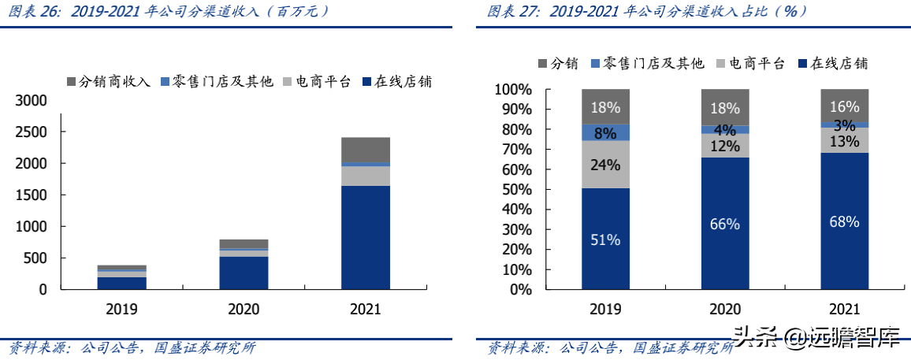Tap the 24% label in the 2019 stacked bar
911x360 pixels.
606,165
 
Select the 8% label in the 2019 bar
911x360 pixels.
606,133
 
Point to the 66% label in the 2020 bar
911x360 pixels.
725,224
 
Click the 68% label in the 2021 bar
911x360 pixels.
844,222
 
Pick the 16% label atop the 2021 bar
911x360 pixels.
844,107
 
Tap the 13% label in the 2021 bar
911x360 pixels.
844,141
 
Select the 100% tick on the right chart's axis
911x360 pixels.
514,90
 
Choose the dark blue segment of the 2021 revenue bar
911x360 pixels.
366,237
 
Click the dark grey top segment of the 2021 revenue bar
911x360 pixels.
366,150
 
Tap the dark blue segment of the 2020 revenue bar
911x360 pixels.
244,273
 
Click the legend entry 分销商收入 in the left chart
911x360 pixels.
109,81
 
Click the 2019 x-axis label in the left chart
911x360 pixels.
121,309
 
